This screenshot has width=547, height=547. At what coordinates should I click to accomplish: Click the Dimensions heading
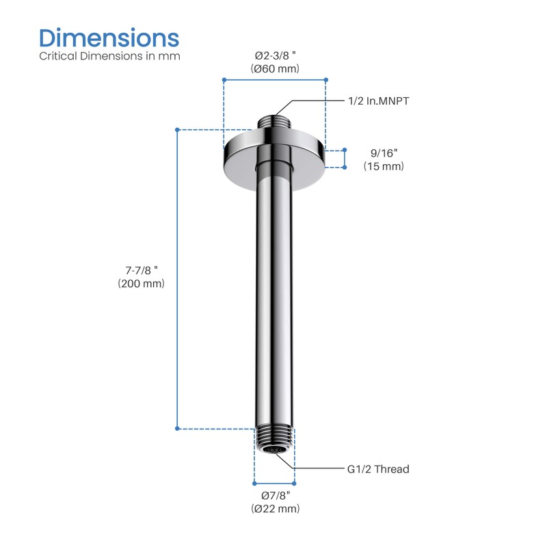pyautogui.click(x=109, y=37)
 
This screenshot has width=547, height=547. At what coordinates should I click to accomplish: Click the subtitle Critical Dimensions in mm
pyautogui.click(x=109, y=56)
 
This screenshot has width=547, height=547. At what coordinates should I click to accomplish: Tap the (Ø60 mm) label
pyautogui.click(x=275, y=68)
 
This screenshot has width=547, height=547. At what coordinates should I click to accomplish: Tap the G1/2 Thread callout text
pyautogui.click(x=377, y=469)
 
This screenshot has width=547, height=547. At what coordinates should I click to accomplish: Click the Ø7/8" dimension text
pyautogui.click(x=275, y=495)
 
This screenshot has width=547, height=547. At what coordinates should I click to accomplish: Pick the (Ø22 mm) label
pyautogui.click(x=275, y=509)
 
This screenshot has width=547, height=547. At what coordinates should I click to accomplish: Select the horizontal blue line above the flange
pyautogui.click(x=275, y=80)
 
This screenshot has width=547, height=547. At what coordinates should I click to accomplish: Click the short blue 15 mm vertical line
pyautogui.click(x=345, y=159)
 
